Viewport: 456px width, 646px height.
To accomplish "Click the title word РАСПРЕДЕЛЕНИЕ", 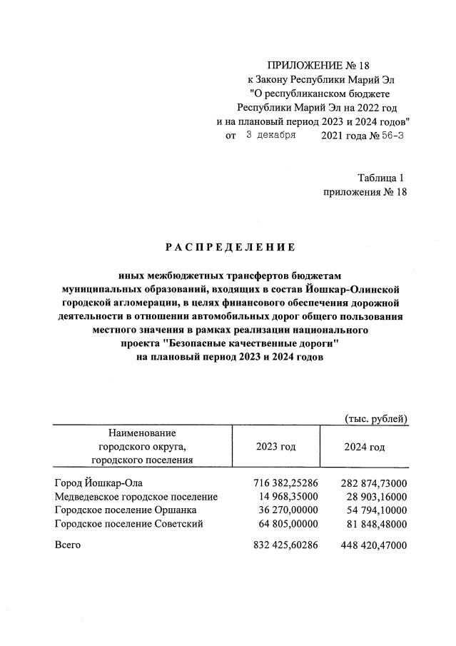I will [229, 248].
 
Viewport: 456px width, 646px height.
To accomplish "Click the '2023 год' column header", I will [275, 447].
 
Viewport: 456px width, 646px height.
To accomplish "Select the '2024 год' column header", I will [364, 447].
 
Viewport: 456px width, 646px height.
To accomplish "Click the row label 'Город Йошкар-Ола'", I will [98, 483].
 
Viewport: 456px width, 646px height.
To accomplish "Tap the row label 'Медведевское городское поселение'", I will [136, 496].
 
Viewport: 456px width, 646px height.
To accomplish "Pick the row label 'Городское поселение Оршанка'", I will [126, 510].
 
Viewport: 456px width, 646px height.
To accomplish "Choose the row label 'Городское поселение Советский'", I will [129, 523].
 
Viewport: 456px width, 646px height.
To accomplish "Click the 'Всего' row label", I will [69, 545].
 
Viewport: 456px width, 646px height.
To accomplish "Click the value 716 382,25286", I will [283, 483].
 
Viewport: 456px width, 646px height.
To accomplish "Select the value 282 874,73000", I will [372, 483].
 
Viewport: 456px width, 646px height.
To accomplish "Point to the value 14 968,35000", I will [286, 496].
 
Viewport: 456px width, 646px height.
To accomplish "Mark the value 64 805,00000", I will [286, 523].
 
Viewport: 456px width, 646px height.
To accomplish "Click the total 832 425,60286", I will [283, 545].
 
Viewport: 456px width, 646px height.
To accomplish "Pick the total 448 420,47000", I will [372, 545].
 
